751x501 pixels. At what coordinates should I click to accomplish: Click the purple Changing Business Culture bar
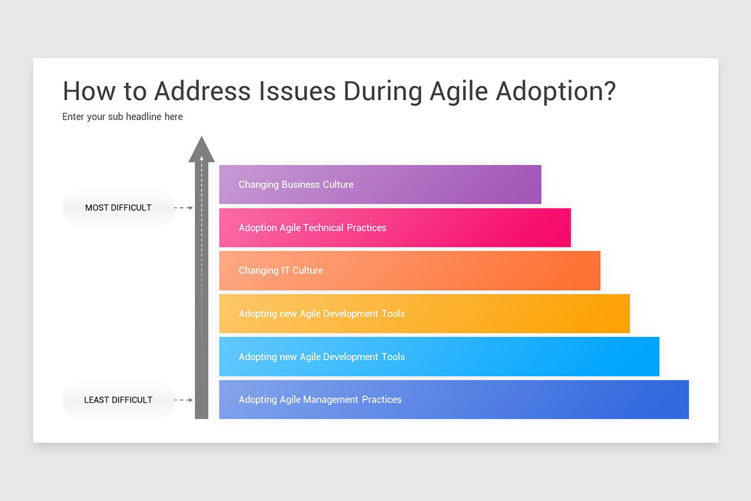pos(380,184)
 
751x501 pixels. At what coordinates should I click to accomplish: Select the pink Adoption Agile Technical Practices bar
pos(394,227)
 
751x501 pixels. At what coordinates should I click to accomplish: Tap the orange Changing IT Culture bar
pos(409,271)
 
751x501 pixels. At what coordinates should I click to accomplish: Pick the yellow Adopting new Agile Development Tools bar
pos(424,313)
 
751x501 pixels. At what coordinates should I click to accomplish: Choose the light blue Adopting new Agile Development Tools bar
pos(438,356)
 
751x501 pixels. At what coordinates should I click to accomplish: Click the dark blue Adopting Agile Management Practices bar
pos(453,400)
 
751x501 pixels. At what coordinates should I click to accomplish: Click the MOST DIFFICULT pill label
pos(118,207)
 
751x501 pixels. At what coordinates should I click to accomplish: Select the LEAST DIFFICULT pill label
pos(118,400)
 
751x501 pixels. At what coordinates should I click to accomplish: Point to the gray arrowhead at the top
pos(202,149)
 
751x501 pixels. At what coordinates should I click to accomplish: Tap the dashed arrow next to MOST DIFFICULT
pos(183,207)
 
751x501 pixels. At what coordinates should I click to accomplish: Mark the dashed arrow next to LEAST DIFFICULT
pos(183,400)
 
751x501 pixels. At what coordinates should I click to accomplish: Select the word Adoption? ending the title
pos(556,91)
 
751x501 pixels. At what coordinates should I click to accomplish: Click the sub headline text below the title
pos(123,116)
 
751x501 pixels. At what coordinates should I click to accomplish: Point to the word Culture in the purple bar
pos(338,184)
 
